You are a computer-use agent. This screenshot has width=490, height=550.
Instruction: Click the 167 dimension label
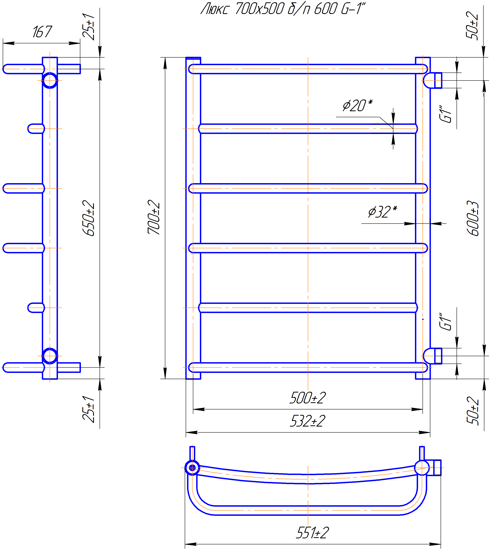click(42, 32)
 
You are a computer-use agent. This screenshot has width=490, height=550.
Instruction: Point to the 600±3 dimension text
click(473, 218)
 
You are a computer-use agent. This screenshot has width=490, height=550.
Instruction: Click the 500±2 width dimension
click(308, 398)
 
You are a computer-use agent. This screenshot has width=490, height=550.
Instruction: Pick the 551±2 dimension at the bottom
click(312, 533)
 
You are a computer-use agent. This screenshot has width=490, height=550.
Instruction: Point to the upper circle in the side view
click(50, 80)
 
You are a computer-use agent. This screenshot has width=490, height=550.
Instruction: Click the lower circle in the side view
click(50, 356)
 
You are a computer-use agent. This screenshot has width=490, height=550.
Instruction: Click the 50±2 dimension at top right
click(472, 26)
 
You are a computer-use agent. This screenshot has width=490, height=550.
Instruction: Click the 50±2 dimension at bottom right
click(473, 411)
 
